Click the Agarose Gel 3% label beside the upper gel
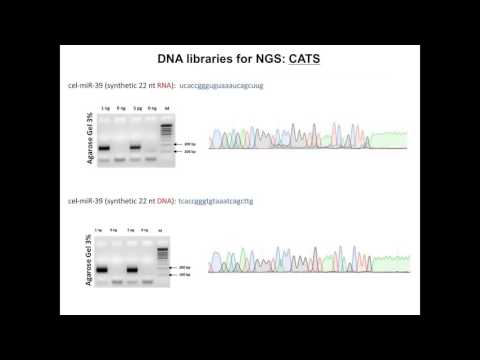[x=91, y=139]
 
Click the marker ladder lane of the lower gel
[x=160, y=255]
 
